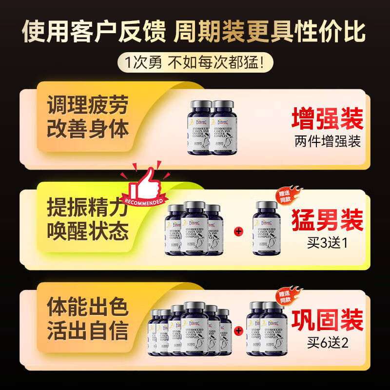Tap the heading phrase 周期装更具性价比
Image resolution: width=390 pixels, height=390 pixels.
point(270,32)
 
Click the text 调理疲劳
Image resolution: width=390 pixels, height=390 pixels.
point(88,105)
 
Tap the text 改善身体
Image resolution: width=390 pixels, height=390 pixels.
point(88,129)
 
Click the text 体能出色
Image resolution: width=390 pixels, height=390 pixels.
point(88,308)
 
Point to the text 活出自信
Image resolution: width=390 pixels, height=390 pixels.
point(88,331)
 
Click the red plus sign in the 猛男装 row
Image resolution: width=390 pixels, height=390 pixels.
point(238,230)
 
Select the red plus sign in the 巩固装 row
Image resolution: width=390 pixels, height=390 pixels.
point(238,331)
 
